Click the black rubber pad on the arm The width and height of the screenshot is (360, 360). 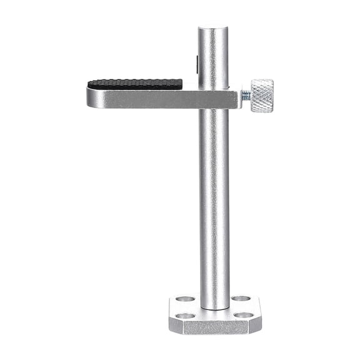pos(135,83)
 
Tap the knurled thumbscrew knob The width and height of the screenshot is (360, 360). pos(261,96)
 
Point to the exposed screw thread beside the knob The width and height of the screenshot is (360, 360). pos(246,96)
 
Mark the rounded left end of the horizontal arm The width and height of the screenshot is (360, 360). pos(90,97)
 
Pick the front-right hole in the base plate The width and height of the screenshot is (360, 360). pos(244,314)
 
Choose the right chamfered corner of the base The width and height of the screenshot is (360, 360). pos(256,321)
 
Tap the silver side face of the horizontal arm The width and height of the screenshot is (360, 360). pos(144,98)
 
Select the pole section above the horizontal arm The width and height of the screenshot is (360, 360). pos(213,56)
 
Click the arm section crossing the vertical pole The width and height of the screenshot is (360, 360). pos(214,97)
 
